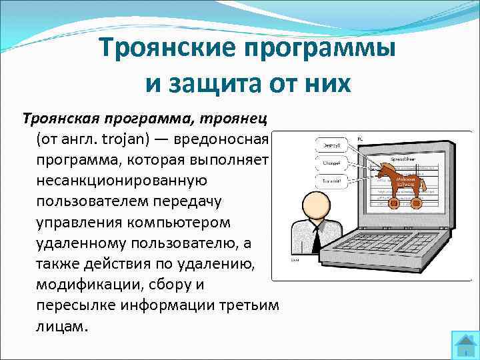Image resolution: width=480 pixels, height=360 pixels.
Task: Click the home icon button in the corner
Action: coord(465,345)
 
